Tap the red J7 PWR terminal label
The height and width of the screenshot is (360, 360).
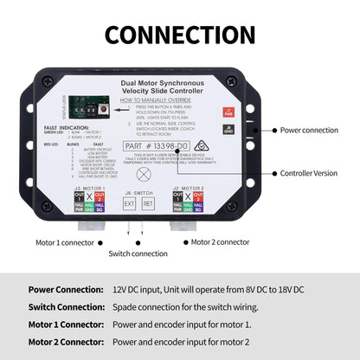(228, 112)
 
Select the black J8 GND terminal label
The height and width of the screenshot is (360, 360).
(228, 129)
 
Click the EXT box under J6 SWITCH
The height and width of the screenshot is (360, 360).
(129, 204)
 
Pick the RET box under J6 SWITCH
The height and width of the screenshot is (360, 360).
(149, 204)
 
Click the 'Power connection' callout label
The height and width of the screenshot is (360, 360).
(307, 130)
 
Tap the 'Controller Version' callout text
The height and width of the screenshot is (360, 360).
(309, 173)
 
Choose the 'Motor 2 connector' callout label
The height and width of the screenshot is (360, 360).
(222, 243)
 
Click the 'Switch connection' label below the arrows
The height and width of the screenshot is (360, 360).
(138, 254)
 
